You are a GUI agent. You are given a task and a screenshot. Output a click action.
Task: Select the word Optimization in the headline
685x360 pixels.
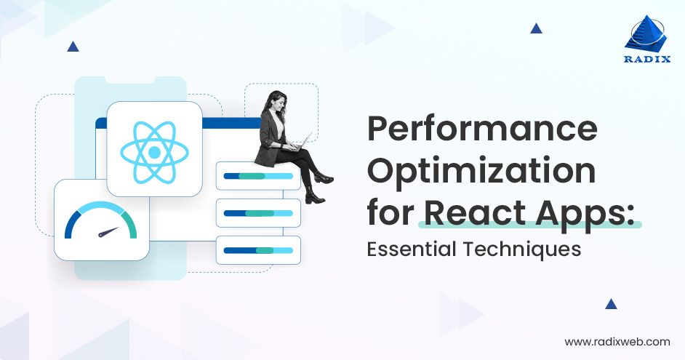(481, 173)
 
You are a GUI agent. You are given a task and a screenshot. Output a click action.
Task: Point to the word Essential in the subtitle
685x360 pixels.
(408, 249)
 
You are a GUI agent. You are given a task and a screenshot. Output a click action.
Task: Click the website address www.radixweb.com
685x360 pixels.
(617, 341)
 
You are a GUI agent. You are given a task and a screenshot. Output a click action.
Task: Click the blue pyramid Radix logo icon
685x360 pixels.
(646, 33)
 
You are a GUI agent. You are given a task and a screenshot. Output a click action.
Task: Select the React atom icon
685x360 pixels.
(154, 151)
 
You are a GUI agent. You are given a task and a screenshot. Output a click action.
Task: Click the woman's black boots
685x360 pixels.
(317, 191)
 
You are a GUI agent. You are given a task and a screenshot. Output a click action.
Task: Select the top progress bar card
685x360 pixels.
(258, 176)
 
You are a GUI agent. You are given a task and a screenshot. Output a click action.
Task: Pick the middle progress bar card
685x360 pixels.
(258, 213)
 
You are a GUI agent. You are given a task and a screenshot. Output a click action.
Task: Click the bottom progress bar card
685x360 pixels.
(258, 250)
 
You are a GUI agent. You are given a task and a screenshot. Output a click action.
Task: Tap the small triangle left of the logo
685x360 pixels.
(536, 28)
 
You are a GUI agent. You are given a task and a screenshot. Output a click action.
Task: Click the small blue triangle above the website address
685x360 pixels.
(611, 304)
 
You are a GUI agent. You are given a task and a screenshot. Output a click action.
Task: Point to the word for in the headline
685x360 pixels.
(390, 212)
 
